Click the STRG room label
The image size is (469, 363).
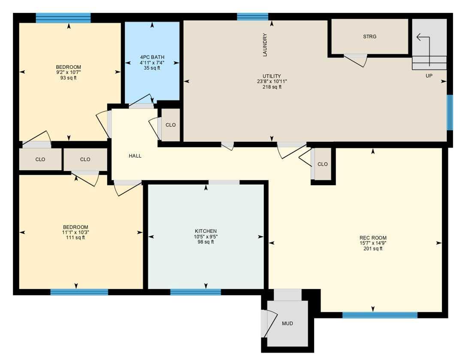[369, 37]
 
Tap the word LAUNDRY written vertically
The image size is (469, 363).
[265, 45]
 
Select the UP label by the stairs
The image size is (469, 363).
[429, 76]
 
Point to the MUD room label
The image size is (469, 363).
[287, 323]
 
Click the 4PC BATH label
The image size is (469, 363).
[152, 57]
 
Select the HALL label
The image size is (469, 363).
[135, 156]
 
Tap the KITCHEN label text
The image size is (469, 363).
[206, 231]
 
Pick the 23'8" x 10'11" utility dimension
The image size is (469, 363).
[272, 82]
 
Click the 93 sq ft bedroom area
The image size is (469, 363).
[68, 78]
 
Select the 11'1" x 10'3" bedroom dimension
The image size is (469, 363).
[76, 232]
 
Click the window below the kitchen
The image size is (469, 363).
[195, 292]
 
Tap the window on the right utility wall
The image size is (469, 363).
[449, 112]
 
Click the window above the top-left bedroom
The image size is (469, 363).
[63, 18]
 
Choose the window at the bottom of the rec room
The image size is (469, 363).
[380, 315]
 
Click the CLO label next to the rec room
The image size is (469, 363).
[323, 164]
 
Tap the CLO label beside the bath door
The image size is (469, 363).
[170, 125]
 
